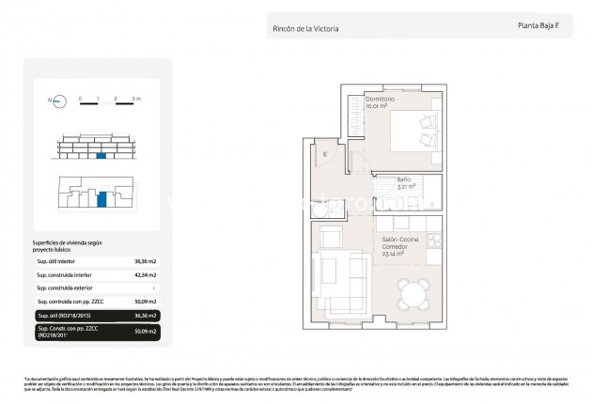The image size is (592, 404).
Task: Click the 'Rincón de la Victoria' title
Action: click(305, 28)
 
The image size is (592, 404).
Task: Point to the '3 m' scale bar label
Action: click(135, 97)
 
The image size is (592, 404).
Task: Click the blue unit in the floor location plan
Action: click(101, 199)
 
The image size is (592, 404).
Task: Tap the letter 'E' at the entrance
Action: click(325, 154)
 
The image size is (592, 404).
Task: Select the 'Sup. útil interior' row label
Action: click(55, 262)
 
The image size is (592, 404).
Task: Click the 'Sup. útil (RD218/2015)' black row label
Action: click(63, 316)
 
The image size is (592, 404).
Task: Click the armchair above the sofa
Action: click(330, 236)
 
